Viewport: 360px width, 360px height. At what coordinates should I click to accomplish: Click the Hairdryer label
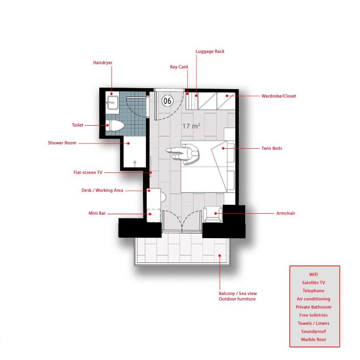tap(103, 63)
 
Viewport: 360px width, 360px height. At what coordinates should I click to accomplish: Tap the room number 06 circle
tap(167, 101)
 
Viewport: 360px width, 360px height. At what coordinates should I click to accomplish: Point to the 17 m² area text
tap(191, 126)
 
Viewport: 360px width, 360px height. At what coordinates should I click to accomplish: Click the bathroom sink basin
tap(112, 103)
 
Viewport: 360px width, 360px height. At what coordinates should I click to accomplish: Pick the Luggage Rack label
tap(210, 52)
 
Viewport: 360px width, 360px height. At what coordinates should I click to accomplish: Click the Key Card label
tap(179, 67)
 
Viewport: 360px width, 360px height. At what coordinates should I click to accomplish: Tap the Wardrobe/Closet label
tap(279, 96)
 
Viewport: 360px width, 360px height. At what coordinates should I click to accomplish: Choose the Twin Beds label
tap(271, 148)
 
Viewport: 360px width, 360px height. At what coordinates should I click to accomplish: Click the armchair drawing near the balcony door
tap(212, 214)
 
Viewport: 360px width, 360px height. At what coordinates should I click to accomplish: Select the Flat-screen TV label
tap(88, 172)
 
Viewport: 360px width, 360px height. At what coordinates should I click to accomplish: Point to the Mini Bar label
tap(97, 213)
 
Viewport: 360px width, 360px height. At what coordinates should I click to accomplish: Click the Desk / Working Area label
tap(102, 190)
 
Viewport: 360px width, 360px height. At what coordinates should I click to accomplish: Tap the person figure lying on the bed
tap(183, 154)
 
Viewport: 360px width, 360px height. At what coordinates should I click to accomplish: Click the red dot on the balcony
tap(219, 255)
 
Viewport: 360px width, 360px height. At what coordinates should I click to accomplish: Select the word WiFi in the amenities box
tap(314, 274)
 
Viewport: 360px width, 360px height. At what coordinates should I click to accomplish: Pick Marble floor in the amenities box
tap(314, 339)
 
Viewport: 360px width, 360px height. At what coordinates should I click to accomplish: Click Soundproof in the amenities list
tap(314, 331)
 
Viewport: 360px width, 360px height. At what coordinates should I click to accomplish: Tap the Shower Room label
tap(62, 143)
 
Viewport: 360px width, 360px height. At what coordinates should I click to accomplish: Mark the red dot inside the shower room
tap(128, 143)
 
